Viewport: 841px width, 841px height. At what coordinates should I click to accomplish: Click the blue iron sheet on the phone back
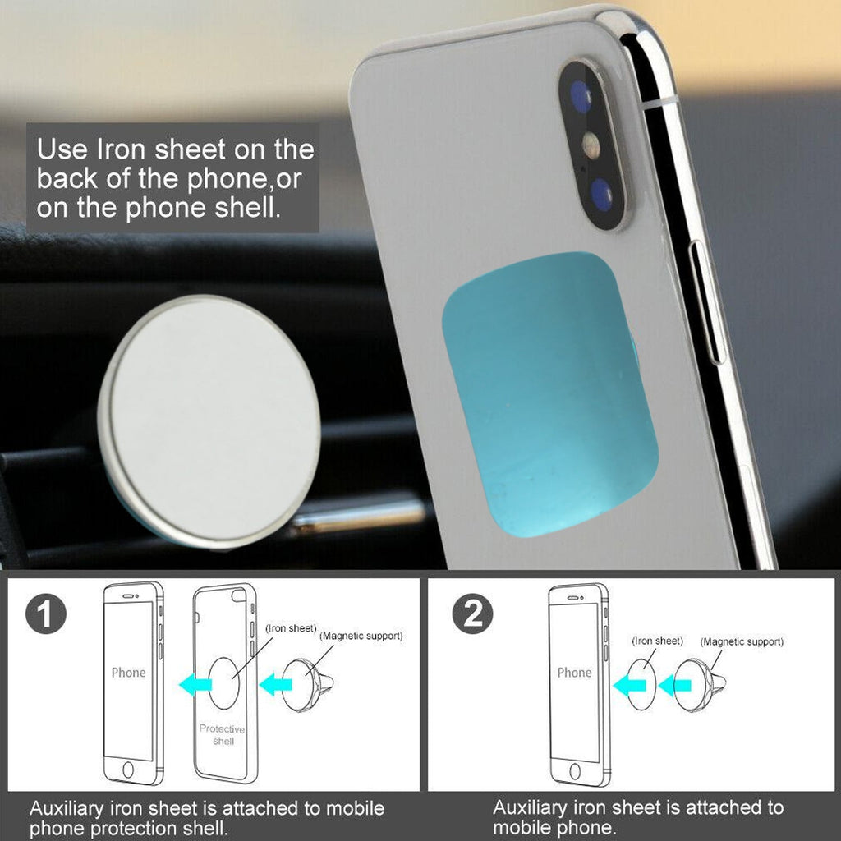[x=550, y=393]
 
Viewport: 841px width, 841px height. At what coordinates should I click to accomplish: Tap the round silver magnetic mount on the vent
[x=209, y=423]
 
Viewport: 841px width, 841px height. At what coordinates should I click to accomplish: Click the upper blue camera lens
[x=581, y=97]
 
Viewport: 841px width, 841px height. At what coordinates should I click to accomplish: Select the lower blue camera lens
[x=602, y=195]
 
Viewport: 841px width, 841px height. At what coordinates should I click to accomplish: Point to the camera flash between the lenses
[x=591, y=144]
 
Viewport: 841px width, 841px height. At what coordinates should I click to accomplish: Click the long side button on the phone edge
[x=707, y=302]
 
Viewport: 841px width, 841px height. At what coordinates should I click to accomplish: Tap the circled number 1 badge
[x=46, y=614]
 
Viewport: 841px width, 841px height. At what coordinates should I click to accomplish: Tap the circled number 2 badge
[x=472, y=614]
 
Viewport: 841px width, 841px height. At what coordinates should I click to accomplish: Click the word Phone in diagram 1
[x=128, y=673]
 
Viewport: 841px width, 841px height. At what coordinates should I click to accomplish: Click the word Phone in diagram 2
[x=574, y=673]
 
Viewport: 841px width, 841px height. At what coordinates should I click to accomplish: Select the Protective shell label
[x=222, y=735]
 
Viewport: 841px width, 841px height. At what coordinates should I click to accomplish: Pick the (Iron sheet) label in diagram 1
[x=291, y=628]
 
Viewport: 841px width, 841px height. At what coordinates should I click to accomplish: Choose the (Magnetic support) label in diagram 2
[x=742, y=641]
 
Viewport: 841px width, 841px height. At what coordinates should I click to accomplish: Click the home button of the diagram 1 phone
[x=128, y=770]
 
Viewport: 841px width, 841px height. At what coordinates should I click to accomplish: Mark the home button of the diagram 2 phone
[x=574, y=772]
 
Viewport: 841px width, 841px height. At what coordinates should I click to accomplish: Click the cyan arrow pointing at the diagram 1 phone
[x=195, y=685]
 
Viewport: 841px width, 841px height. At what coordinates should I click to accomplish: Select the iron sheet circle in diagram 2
[x=642, y=684]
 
